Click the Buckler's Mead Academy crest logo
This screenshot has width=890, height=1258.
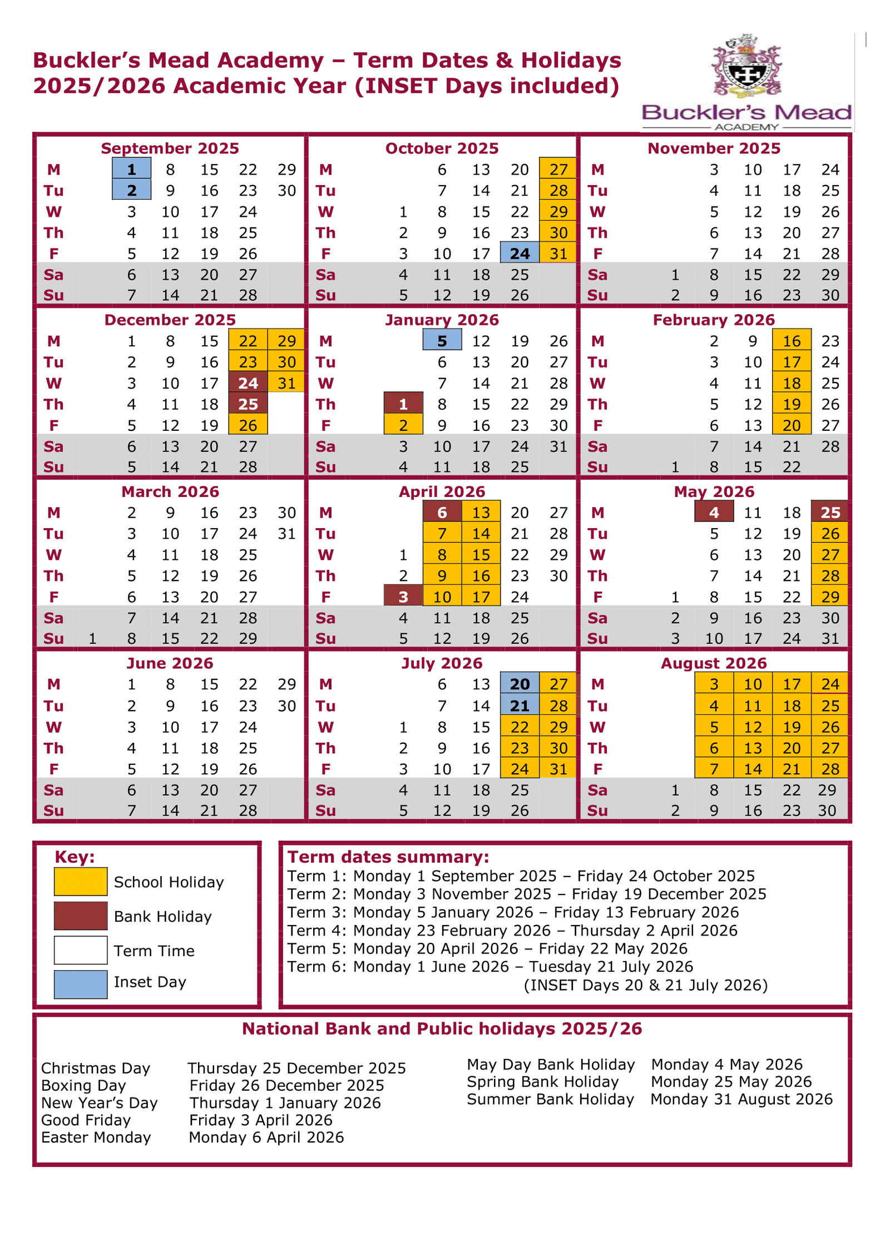coord(746,67)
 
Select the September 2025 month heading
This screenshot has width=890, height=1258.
coord(170,148)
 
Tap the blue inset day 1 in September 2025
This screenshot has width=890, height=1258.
coord(131,169)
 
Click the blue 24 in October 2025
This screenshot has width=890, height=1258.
coord(520,253)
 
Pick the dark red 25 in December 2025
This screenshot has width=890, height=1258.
coord(248,404)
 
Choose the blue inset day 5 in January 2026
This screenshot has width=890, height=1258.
coord(442,341)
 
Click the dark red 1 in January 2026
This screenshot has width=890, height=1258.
coord(403,404)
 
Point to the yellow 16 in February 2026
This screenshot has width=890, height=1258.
coord(792,341)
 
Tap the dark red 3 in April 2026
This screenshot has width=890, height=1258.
coord(403,596)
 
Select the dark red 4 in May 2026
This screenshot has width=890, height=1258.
coord(714,512)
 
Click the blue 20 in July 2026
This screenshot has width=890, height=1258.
coord(520,684)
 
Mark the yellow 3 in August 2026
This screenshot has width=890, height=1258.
coord(714,684)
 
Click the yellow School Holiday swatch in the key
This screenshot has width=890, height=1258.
coord(81,882)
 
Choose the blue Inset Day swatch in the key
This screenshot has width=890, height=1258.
coord(81,984)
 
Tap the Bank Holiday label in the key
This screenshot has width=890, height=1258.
coord(163,916)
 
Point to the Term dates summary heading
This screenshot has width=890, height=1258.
coord(388,857)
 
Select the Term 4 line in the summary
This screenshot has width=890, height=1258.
coord(512,930)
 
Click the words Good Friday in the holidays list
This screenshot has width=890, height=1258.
coord(86,1120)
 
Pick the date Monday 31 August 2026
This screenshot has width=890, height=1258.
coord(741,1099)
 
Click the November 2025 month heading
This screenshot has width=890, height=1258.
coord(714,148)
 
